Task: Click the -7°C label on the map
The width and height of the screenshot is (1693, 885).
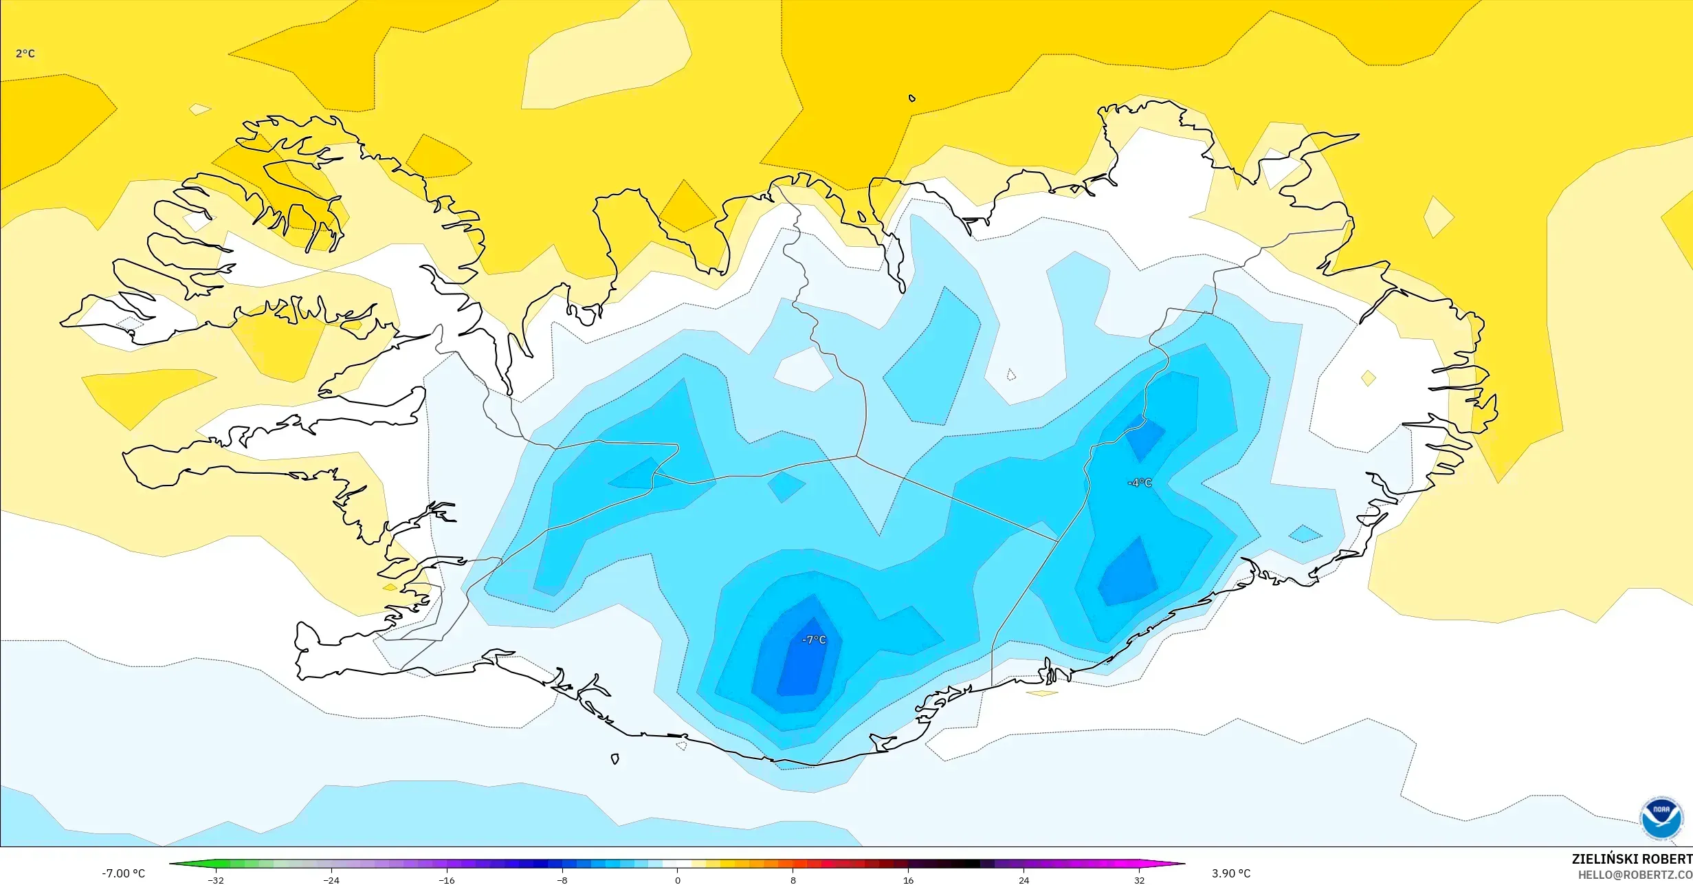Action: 814,640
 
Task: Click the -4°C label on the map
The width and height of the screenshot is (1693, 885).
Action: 1140,483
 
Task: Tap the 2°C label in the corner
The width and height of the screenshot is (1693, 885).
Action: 25,54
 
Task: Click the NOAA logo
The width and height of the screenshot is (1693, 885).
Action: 1661,819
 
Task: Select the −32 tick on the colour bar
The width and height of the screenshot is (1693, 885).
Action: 217,880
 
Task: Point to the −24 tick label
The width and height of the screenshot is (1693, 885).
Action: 331,880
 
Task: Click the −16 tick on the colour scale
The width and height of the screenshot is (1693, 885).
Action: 447,880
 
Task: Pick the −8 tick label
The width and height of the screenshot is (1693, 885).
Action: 562,880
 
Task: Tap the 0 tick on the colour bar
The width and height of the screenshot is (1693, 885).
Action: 678,880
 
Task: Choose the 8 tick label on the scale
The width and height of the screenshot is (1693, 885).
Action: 793,880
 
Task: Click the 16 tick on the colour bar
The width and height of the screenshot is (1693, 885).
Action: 908,880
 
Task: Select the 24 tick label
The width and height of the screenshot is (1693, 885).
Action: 1023,880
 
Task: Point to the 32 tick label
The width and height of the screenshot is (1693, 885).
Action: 1139,880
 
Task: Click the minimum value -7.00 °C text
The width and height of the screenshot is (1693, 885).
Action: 124,873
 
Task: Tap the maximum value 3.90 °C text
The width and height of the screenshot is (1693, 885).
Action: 1231,873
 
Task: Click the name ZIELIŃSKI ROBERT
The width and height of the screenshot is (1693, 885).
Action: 1631,859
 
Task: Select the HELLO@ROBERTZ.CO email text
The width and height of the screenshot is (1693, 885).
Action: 1635,875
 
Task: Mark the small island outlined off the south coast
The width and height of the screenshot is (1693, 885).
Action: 615,759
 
